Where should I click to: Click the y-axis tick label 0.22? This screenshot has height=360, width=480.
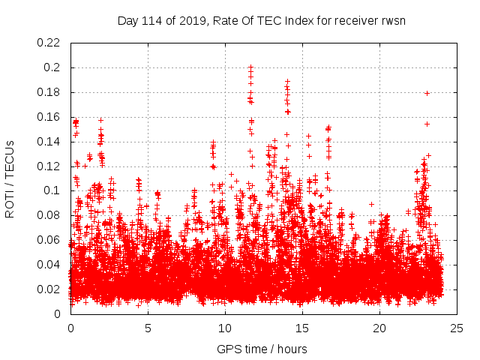tap(49, 43)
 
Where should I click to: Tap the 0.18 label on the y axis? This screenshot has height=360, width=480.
tap(49, 92)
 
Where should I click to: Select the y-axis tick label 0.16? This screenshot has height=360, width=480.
tap(49, 117)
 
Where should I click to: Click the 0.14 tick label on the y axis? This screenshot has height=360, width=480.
tap(49, 142)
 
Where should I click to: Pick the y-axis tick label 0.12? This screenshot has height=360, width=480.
tap(49, 166)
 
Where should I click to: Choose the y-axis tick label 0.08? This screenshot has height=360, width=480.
tap(49, 215)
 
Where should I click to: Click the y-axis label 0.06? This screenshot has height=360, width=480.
tap(49, 240)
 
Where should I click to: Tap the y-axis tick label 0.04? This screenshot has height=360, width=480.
tap(49, 265)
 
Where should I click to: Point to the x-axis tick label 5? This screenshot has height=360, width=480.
tap(148, 328)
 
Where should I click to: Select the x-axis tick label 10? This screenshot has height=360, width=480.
tap(225, 328)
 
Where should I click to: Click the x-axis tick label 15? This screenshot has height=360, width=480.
tap(302, 328)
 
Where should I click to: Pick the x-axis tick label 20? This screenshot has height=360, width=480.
tap(379, 328)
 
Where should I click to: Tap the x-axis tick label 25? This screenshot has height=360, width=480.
tap(457, 328)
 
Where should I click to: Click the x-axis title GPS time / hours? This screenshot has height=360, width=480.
tap(263, 349)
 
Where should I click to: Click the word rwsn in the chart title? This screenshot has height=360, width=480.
tap(392, 20)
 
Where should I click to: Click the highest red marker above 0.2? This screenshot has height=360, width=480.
tap(251, 67)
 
